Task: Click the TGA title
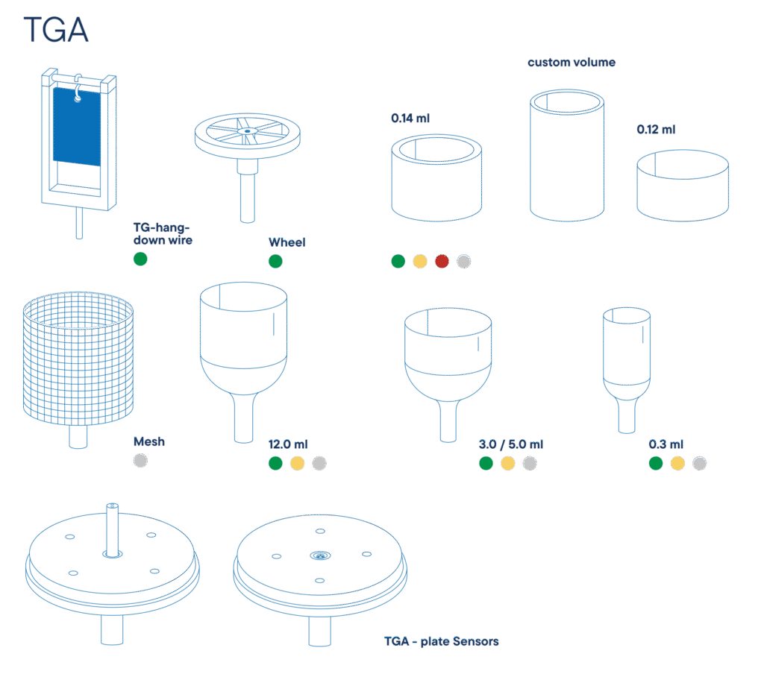tap(56, 30)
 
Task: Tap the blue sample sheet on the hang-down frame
tap(77, 127)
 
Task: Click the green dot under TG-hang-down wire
tap(140, 259)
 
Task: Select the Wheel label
tap(287, 242)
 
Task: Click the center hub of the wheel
tap(248, 131)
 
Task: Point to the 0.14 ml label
tap(410, 119)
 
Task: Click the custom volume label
tap(572, 63)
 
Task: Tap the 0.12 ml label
tap(656, 130)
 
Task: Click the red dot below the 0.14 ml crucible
tap(442, 262)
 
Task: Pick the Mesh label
tap(149, 441)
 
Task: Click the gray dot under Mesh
tap(140, 461)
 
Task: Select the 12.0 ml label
tap(288, 444)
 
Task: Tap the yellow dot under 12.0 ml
tap(297, 464)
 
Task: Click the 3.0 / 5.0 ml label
tap(510, 444)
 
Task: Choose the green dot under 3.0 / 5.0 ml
tap(486, 464)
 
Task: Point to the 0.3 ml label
tap(666, 444)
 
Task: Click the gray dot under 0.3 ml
tap(700, 464)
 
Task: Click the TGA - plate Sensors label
tap(442, 642)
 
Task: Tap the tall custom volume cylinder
tap(567, 156)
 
